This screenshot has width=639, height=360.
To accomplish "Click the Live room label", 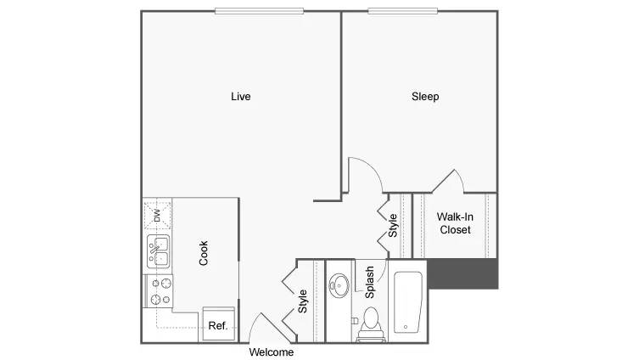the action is tap(241, 97).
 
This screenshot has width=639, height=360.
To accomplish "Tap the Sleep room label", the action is tap(425, 97).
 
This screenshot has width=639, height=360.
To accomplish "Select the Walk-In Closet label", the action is tap(455, 223).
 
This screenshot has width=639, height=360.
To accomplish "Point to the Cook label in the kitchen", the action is tap(204, 253).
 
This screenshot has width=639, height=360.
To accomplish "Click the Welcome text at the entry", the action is tap(272, 352).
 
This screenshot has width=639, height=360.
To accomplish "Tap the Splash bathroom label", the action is tap(369, 282).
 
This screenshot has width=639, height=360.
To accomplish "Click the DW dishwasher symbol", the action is tap(157, 216).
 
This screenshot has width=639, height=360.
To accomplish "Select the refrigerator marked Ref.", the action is tap(219, 323).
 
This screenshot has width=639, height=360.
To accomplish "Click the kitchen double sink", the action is tap(158, 251).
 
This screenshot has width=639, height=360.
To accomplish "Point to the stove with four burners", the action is tap(160, 291).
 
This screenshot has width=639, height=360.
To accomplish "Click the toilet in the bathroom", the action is tap(371, 325).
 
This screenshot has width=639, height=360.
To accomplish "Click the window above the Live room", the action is tap(259, 11).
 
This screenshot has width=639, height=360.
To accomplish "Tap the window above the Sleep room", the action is tap(402, 11).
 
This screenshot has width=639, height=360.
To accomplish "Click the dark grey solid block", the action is tap(463, 273).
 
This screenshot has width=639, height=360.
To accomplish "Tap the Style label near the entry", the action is tap(302, 301).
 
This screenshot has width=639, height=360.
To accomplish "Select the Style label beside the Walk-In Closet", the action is tap(392, 226).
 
